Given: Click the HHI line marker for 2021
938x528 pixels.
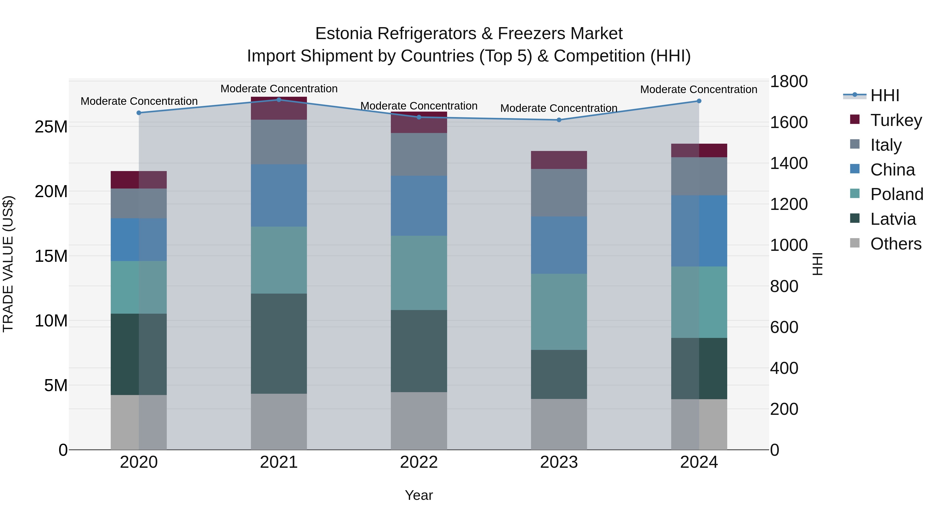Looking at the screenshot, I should coord(279,100).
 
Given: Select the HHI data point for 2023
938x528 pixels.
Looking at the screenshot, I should coord(559,120).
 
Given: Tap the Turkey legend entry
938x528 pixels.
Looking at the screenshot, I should coord(896,120).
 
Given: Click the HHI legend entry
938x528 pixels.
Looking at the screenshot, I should coord(885,95).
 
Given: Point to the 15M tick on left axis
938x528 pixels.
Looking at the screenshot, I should coord(51,256).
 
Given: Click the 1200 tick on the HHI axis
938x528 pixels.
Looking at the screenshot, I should coord(789,204).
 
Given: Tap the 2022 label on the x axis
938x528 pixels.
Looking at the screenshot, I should coord(419,462).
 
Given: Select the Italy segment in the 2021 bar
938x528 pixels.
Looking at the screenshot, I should coord(279,142).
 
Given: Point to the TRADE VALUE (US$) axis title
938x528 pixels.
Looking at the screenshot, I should coord(8,264).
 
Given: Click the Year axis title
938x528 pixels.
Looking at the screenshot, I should coord(419,495).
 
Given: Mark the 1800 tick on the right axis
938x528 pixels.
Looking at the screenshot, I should coord(789,81).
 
